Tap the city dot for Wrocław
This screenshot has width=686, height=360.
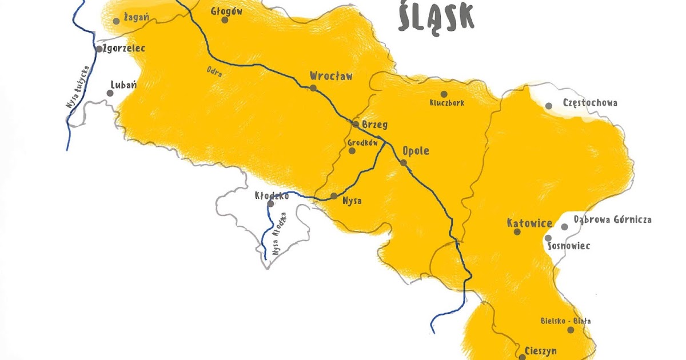point(313,88)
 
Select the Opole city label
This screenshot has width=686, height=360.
point(416,152)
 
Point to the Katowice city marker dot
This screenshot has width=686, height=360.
point(517,232)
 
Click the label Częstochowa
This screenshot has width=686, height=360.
point(590,103)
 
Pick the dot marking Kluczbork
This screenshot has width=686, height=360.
point(444,94)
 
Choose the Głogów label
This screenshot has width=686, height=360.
point(226,11)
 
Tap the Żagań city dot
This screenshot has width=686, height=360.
point(116,21)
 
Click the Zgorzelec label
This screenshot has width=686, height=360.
point(124,49)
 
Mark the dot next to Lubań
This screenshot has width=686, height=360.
point(110,93)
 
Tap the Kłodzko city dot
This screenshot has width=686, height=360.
point(271,203)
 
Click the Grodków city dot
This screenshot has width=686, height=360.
point(352,151)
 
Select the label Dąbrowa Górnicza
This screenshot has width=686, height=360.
point(613,219)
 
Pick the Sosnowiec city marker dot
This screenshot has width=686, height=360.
point(548,238)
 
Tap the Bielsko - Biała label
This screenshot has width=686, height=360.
point(566,321)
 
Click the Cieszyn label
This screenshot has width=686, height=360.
point(540,350)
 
